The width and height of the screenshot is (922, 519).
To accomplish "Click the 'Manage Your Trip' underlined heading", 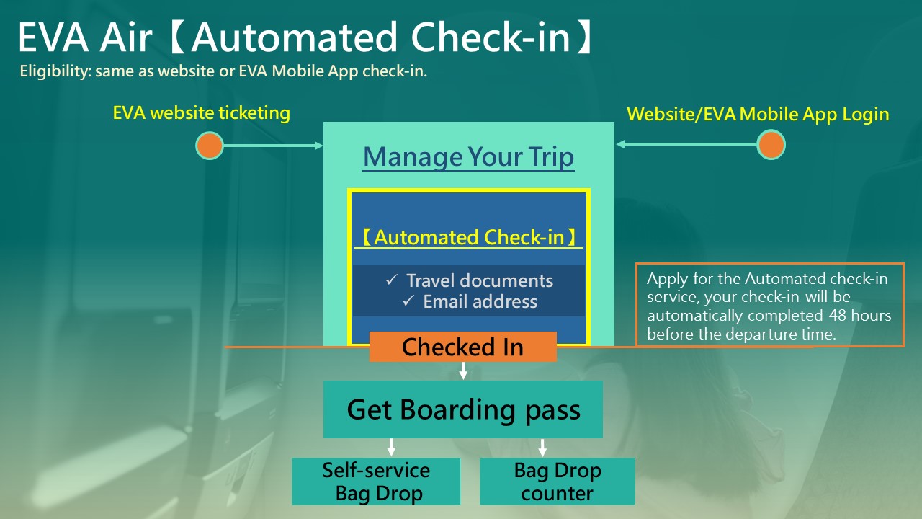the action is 469,157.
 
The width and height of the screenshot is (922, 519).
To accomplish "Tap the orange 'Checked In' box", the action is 463,347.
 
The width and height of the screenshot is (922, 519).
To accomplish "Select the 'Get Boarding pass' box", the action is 463,409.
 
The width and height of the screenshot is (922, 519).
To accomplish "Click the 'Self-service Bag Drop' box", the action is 376,482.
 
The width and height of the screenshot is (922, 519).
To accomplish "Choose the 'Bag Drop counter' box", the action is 558,482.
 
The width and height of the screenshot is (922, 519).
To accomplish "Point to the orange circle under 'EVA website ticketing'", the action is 210,146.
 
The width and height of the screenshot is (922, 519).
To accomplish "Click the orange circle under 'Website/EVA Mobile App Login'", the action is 771,145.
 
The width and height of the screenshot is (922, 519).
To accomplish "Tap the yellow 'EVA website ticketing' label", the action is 201,113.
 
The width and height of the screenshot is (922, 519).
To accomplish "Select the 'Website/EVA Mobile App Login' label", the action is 758,114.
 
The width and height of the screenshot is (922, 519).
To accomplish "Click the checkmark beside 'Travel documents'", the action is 391,280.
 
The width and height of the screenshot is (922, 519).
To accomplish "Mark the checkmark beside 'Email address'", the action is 408,301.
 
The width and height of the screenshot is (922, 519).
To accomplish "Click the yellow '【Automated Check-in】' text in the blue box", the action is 469,238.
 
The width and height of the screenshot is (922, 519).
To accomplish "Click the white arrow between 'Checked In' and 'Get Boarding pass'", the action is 463,371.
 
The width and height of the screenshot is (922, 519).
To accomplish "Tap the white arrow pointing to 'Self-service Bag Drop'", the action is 391,448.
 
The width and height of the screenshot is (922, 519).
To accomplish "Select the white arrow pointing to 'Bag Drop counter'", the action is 542,448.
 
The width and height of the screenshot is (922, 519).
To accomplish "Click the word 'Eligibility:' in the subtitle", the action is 55,71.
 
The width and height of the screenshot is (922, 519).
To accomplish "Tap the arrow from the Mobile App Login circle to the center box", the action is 686,144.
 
